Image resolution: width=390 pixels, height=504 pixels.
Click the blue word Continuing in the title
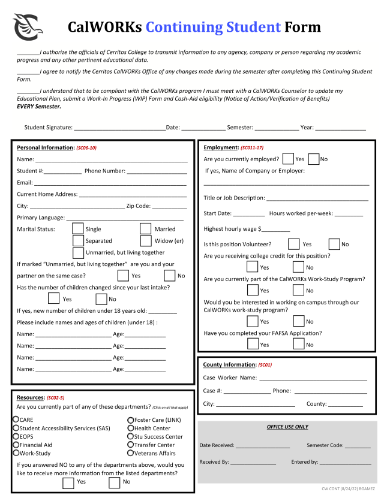(x=213, y=27)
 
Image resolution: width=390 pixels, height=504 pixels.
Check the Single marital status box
(x=78, y=228)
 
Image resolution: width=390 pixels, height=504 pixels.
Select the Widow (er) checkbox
(x=145, y=241)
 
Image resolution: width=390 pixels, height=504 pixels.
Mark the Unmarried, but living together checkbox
(x=78, y=253)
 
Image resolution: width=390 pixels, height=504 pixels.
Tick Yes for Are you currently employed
(x=288, y=159)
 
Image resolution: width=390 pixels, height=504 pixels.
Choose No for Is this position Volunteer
(x=335, y=244)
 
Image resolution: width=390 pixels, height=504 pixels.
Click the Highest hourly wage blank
(x=275, y=230)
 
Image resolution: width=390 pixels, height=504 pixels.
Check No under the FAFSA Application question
(x=299, y=344)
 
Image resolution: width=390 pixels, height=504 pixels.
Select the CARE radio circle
(x=16, y=420)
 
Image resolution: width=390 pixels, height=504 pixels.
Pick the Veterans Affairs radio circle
(x=130, y=453)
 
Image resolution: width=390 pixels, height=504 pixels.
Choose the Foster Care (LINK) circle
(x=130, y=420)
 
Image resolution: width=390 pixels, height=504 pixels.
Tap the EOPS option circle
(x=16, y=436)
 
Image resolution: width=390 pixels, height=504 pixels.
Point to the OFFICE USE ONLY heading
(x=287, y=427)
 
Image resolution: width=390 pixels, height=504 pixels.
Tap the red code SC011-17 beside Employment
(x=251, y=147)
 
